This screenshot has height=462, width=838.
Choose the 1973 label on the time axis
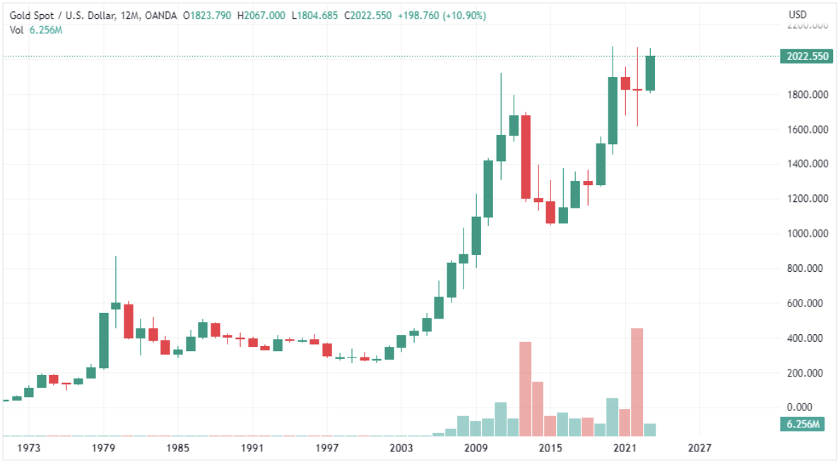pyautogui.click(x=29, y=448)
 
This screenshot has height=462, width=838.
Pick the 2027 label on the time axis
pyautogui.click(x=700, y=448)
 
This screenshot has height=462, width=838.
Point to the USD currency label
pyautogui.click(x=798, y=15)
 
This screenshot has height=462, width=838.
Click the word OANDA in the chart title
pyautogui.click(x=160, y=16)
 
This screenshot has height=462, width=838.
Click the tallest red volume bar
pyautogui.click(x=637, y=381)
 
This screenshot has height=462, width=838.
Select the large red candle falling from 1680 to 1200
pyautogui.click(x=526, y=157)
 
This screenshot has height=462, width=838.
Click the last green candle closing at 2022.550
pyautogui.click(x=649, y=73)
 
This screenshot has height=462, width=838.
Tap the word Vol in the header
pyautogui.click(x=17, y=29)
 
